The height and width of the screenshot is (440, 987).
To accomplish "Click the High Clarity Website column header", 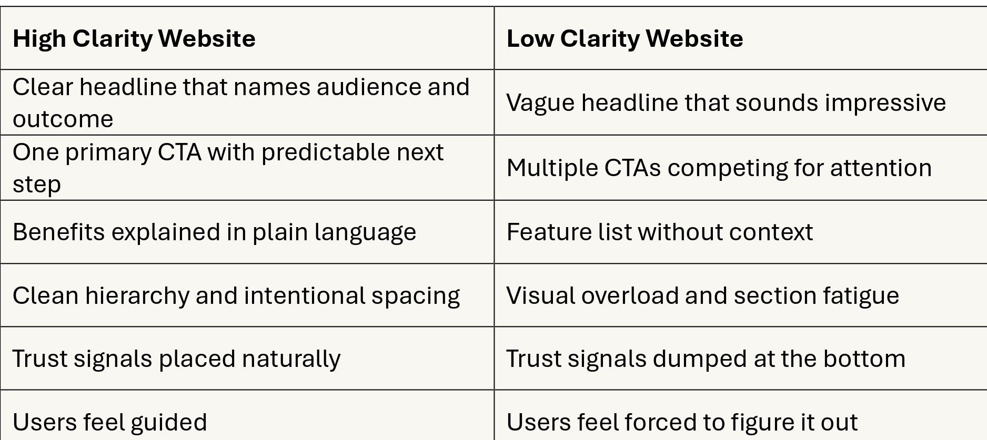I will [134, 38].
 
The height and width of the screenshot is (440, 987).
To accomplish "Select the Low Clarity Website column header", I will [625, 38].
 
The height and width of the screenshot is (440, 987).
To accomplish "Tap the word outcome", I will [63, 119].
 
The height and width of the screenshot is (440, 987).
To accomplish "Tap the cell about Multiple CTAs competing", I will [719, 168].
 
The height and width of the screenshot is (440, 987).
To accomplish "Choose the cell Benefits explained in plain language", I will [214, 232].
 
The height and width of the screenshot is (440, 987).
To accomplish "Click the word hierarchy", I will [137, 296].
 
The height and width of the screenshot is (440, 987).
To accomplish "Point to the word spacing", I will [416, 296].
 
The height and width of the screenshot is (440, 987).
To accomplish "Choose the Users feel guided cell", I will [109, 422].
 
